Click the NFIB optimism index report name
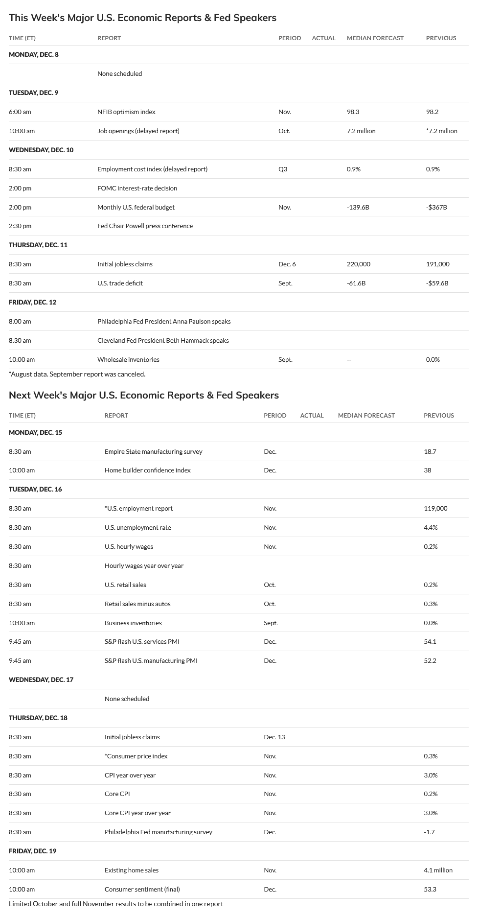126,112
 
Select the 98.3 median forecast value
353,112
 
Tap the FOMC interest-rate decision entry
137,188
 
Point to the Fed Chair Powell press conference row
145,226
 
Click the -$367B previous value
436,207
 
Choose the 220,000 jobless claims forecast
359,264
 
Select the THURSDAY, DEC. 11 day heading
38,245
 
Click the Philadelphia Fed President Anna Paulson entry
164,321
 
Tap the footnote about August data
77,374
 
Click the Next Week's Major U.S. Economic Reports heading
144,395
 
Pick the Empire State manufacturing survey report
153,451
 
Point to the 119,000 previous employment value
435,508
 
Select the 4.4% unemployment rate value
431,527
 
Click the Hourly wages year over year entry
144,565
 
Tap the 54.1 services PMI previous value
430,641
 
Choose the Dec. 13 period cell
274,737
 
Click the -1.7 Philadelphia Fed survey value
429,832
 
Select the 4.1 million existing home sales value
438,870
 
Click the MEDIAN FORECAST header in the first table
375,38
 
